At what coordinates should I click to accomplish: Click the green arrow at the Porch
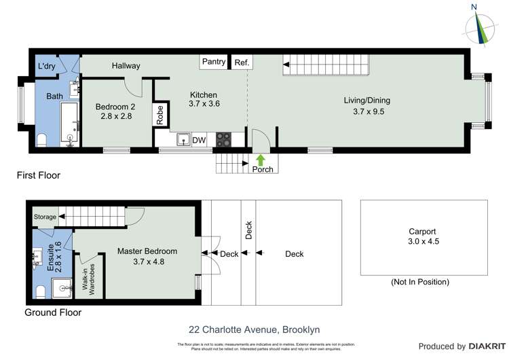261,160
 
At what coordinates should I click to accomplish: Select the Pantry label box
214,62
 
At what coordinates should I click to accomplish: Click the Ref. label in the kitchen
242,62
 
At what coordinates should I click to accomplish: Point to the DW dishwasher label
199,140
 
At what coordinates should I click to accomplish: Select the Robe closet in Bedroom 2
160,115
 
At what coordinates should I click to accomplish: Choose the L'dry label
47,65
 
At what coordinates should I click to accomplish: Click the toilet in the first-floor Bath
42,140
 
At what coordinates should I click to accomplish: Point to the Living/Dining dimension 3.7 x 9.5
369,112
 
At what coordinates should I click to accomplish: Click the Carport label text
422,231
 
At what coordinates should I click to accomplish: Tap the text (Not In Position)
420,282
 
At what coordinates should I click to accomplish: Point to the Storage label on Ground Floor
45,217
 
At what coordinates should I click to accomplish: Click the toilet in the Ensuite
41,291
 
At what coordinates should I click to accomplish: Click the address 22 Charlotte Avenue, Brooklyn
254,329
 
